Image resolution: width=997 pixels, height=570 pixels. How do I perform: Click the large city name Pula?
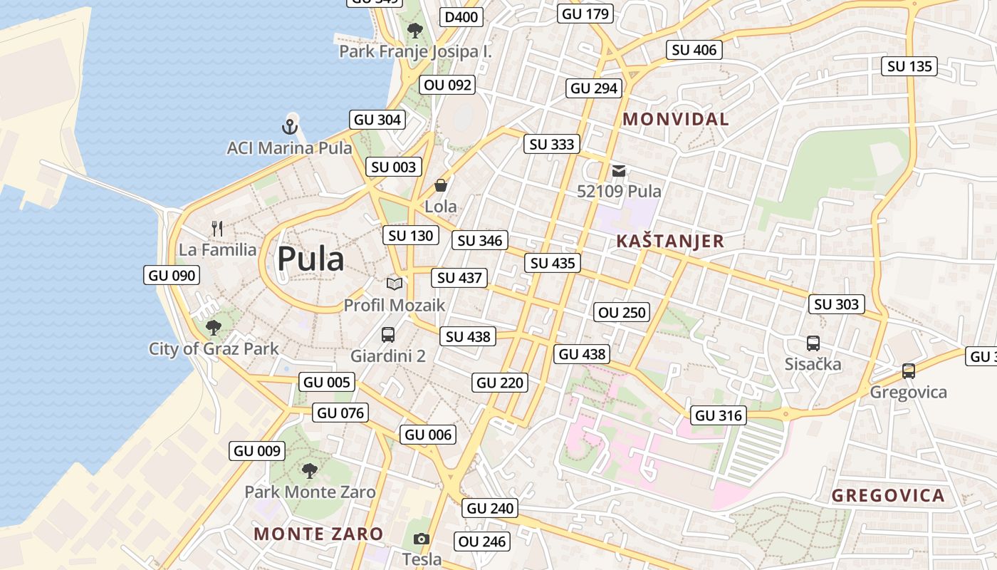point(310,259)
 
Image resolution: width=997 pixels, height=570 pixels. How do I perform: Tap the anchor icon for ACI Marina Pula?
point(289,128)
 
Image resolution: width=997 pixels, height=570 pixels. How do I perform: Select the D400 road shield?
point(461,17)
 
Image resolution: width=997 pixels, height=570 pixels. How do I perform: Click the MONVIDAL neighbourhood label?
point(676,119)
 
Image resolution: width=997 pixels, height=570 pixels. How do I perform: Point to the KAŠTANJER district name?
point(669,241)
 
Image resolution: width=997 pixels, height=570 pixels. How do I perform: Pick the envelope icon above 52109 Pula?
point(619,171)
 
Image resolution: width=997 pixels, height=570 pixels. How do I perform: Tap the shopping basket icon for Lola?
point(441,186)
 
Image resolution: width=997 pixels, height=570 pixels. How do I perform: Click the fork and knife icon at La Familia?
point(217,229)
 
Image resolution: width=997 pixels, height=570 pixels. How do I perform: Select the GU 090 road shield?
point(172,275)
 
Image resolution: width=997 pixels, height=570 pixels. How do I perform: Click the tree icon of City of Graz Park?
point(213,328)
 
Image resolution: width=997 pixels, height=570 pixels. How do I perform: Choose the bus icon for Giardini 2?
point(388,334)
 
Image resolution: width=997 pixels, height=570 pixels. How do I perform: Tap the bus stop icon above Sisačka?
point(813,343)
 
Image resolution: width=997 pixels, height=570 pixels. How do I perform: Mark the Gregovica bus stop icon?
point(908,371)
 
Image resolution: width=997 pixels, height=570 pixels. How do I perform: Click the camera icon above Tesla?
point(422,539)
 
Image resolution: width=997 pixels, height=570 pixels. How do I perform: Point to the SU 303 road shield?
point(837,304)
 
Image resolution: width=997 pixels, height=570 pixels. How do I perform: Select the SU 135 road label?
point(910,66)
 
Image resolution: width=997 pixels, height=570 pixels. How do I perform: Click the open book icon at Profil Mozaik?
point(395,284)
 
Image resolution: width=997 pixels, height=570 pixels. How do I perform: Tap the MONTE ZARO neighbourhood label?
point(318,534)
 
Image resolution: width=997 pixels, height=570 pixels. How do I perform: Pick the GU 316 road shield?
point(718,415)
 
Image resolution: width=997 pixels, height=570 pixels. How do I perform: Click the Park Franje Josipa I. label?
point(415,51)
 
